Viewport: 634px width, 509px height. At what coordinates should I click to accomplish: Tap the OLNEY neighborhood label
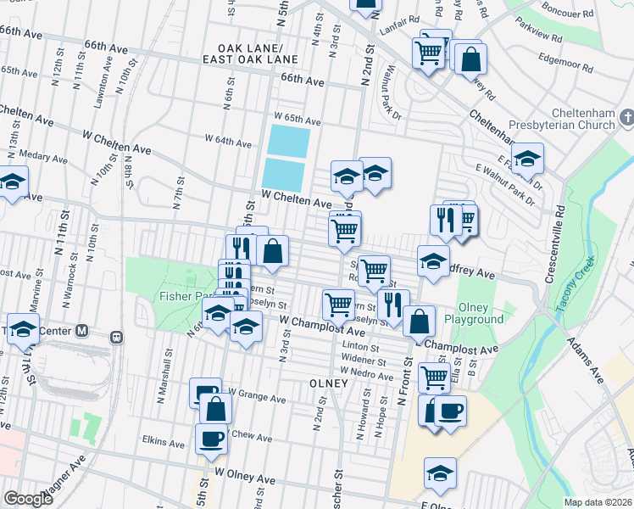[x=328, y=383]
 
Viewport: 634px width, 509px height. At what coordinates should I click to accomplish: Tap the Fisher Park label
[x=181, y=297]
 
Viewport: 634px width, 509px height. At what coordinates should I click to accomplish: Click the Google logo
[x=28, y=499]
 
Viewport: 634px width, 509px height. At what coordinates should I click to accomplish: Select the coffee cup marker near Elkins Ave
[x=211, y=439]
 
